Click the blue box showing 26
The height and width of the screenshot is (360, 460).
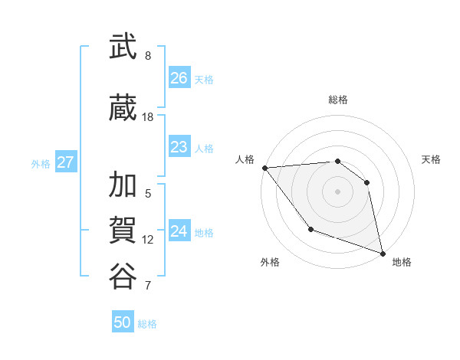[x=179, y=78]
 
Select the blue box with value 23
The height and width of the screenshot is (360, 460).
[x=179, y=147]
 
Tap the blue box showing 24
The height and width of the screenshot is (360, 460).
[x=179, y=231]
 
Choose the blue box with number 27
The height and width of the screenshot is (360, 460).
[x=65, y=162]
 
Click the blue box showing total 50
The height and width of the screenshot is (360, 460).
[x=123, y=322]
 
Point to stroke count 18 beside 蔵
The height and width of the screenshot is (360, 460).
[x=148, y=116]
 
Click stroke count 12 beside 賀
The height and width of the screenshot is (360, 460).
[x=148, y=239]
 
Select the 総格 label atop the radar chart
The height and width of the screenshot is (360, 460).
[x=338, y=100]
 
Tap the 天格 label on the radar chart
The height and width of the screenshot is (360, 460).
[x=432, y=159]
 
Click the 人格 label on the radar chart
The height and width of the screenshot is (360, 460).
[x=245, y=159]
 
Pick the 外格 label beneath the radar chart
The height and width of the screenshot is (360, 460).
[x=270, y=262]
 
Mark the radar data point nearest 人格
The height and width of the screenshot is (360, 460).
[x=264, y=168]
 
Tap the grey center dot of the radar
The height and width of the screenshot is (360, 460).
[x=337, y=191]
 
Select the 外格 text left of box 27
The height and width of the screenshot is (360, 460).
[x=41, y=163]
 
